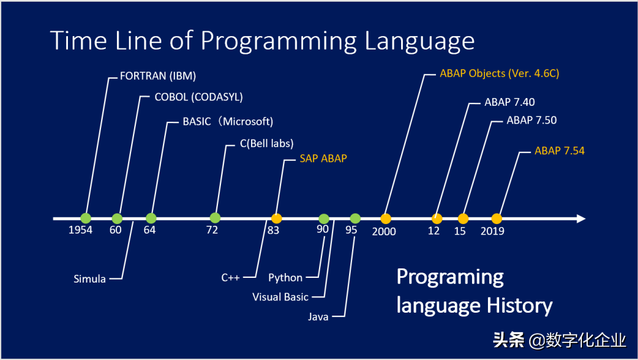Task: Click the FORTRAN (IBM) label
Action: (x=158, y=76)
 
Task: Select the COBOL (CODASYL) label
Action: (x=198, y=97)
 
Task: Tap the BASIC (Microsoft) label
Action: (x=228, y=121)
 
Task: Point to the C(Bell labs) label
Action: (x=266, y=143)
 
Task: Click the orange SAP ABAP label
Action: (x=323, y=158)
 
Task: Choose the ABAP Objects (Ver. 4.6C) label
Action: (x=499, y=73)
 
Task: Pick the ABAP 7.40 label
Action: (x=509, y=102)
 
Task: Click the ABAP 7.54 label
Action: (x=559, y=151)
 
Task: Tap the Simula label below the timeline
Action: (x=90, y=279)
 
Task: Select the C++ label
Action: (x=230, y=278)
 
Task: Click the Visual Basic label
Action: (x=281, y=297)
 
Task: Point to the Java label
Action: (x=318, y=317)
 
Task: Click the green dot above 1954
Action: (x=86, y=218)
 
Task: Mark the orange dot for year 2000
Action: (x=386, y=219)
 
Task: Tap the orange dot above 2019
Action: (x=496, y=219)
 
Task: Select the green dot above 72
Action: (x=215, y=218)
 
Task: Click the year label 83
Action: (x=274, y=231)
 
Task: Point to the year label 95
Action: (x=351, y=230)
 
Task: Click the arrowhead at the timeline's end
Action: (x=581, y=219)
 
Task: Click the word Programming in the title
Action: (x=279, y=41)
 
